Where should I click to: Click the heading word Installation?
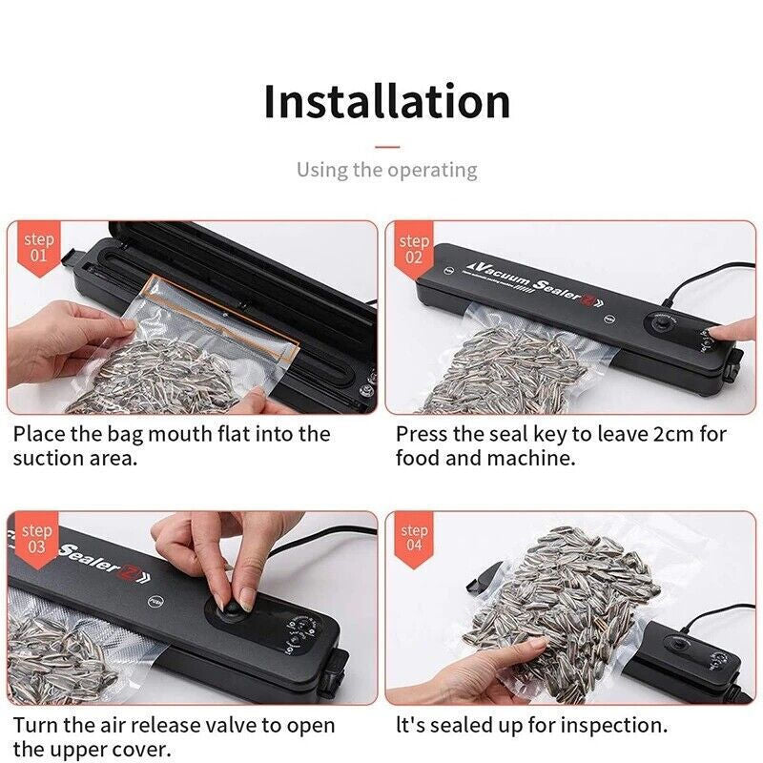point(386,101)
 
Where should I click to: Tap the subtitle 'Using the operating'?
point(386,170)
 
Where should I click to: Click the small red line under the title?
point(386,147)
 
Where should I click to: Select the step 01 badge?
point(38,247)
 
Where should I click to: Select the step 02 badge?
point(415,247)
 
